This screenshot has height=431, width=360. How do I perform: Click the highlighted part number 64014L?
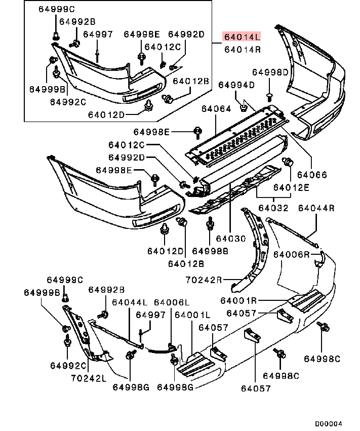[x=243, y=36]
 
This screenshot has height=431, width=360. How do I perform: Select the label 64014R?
[x=243, y=49]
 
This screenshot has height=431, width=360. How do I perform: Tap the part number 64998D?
[x=270, y=72]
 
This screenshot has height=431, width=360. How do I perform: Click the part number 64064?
[x=216, y=108]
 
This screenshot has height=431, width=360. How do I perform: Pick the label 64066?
[x=312, y=175]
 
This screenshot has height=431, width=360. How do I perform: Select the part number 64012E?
[x=291, y=187]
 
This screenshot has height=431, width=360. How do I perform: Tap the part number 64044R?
[x=316, y=208]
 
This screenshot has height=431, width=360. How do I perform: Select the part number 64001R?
[x=239, y=300]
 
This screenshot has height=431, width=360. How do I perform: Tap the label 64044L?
[x=130, y=302]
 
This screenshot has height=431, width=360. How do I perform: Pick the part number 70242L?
[x=89, y=378]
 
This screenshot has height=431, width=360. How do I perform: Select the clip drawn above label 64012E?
[x=289, y=163]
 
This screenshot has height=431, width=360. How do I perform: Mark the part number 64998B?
[x=210, y=251]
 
